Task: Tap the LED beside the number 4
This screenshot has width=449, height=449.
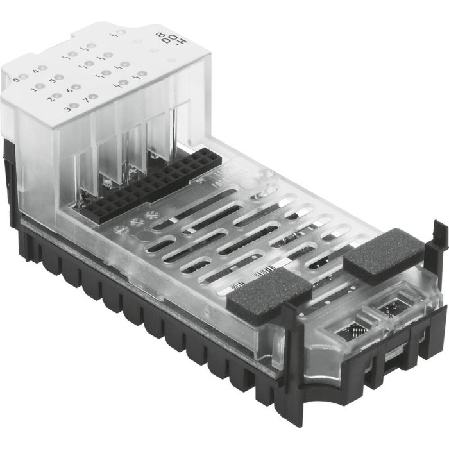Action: pyautogui.click(x=44, y=68)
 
